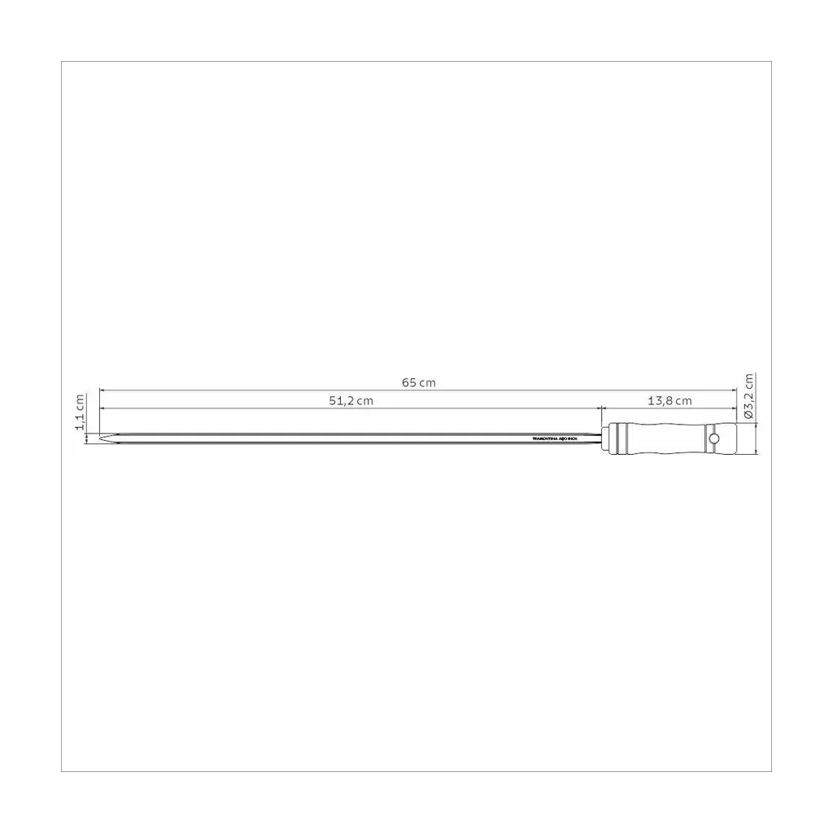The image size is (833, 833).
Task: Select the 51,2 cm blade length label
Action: pyautogui.click(x=350, y=400)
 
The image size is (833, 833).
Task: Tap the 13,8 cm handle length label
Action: pyautogui.click(x=669, y=400)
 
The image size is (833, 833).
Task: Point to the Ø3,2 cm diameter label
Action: pyautogui.click(x=749, y=396)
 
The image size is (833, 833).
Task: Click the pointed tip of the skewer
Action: pyautogui.click(x=101, y=439)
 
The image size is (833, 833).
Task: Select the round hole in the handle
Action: pyautogui.click(x=714, y=438)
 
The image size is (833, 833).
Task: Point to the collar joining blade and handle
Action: pyautogui.click(x=603, y=438)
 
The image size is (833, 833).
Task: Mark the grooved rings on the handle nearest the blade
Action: pyautogui.click(x=621, y=438)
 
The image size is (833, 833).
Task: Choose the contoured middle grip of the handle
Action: pyautogui.click(x=667, y=438)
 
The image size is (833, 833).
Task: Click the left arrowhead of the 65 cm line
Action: pyautogui.click(x=102, y=390)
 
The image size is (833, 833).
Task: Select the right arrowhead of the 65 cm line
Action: pyautogui.click(x=733, y=390)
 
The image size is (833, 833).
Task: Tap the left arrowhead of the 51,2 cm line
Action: pyautogui.click(x=102, y=408)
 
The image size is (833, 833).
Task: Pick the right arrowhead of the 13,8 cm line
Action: pyautogui.click(x=733, y=408)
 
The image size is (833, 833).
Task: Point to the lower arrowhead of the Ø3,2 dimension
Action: pyautogui.click(x=757, y=451)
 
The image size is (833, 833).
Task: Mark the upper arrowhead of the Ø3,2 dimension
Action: pyautogui.click(x=757, y=426)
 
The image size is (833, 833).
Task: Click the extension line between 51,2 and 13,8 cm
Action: pyautogui.click(x=600, y=416)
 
